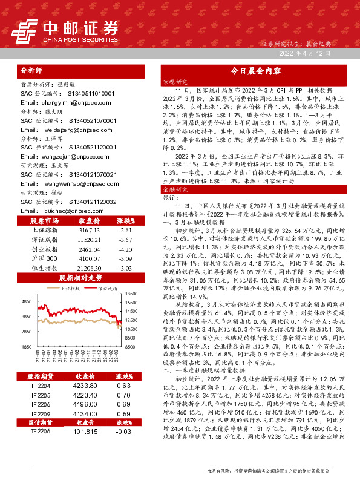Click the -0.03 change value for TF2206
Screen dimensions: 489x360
[123, 432]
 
